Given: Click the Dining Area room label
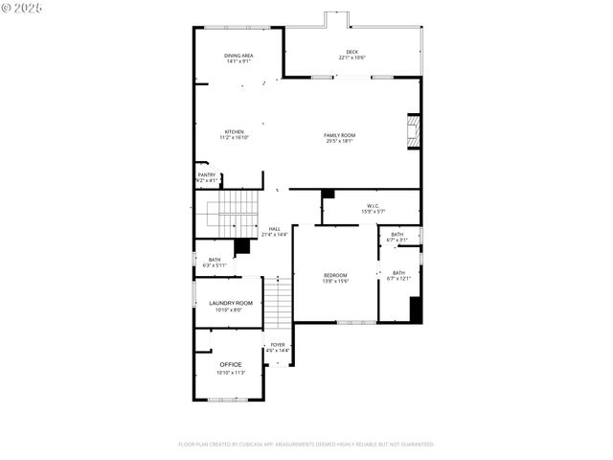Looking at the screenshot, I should (238, 56).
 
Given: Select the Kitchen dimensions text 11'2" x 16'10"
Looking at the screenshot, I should (235, 138).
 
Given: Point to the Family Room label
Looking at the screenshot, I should (339, 135).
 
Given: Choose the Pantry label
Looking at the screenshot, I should (207, 174).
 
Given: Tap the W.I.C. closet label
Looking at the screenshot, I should (372, 205).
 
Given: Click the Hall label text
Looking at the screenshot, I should (275, 228).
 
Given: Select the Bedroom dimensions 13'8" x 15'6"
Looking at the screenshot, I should (335, 281).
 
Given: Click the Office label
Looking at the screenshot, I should (231, 364).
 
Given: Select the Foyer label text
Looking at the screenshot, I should (278, 345).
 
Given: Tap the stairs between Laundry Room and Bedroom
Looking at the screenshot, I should (277, 301).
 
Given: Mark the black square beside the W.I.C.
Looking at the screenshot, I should (328, 194).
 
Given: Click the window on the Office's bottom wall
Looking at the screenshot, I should (229, 399).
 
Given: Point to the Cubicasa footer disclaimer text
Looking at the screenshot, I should (306, 444).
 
